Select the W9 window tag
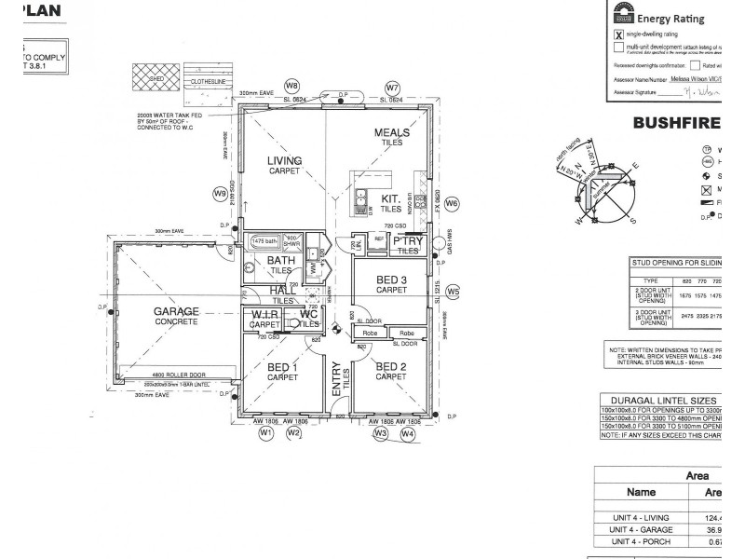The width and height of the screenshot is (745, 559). [x=221, y=194]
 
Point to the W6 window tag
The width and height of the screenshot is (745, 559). [x=452, y=202]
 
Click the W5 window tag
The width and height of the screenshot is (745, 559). [x=453, y=292]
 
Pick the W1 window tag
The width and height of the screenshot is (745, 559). [x=266, y=433]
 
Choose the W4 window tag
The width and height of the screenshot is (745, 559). [x=407, y=433]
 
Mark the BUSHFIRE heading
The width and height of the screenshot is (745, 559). [x=676, y=123]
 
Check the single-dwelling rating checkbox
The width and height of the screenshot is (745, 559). [x=618, y=34]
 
